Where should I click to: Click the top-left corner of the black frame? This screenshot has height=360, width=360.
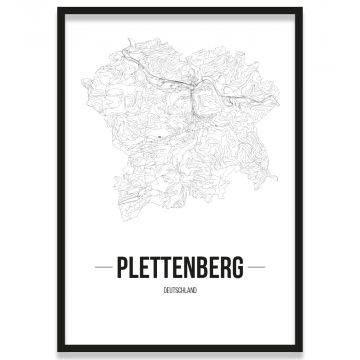pos(59,9)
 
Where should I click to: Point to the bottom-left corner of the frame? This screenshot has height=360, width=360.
pos(59,351)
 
